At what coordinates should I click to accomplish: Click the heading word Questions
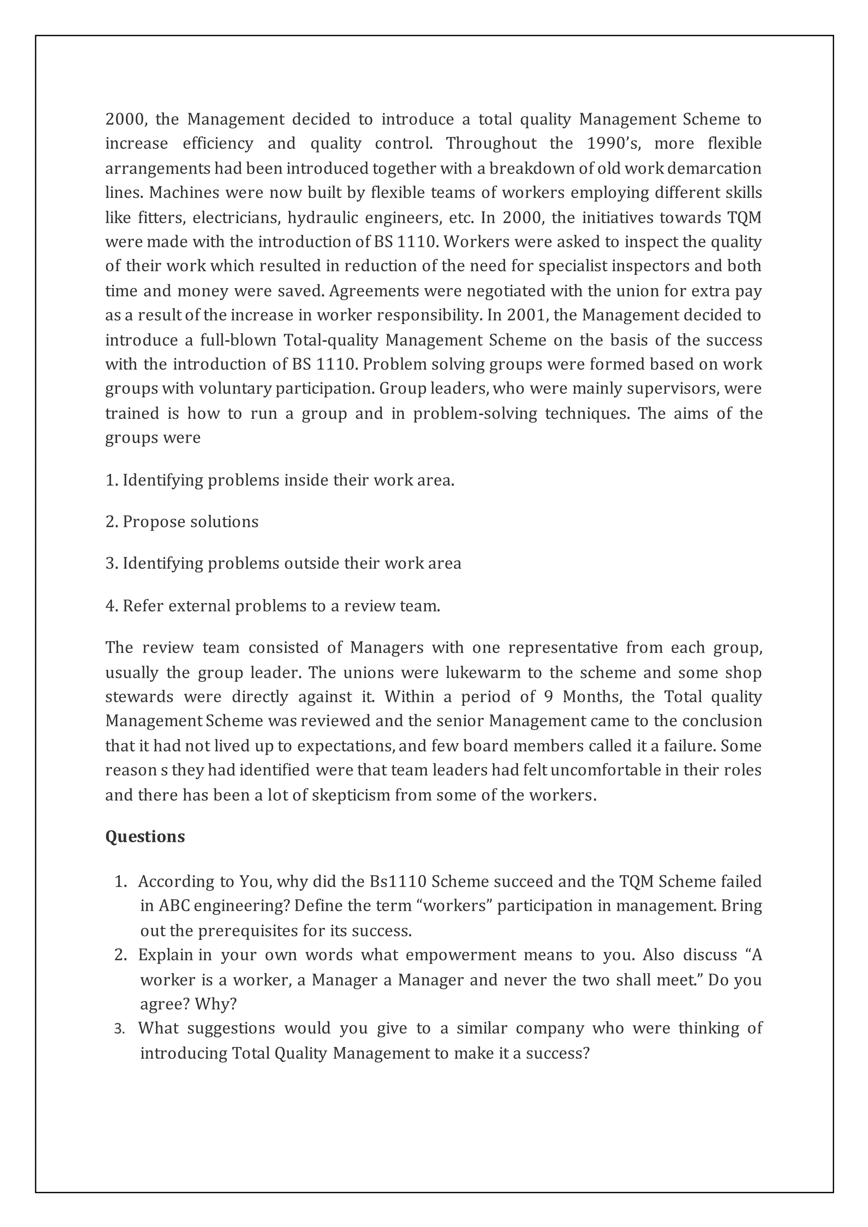(x=145, y=836)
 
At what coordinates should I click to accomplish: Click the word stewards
(x=139, y=697)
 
